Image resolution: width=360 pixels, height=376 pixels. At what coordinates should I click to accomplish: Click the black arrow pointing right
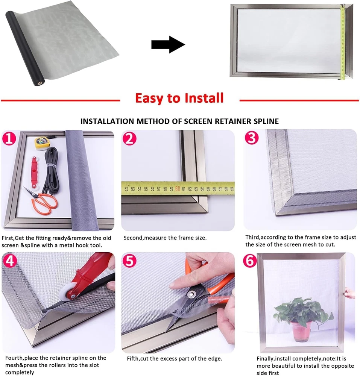click(168, 45)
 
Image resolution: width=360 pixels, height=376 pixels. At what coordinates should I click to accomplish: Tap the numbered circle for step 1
click(9, 139)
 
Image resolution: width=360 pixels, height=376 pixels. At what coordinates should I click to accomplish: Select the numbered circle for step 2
click(129, 139)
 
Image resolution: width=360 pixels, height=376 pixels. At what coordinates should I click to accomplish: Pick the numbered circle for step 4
click(10, 261)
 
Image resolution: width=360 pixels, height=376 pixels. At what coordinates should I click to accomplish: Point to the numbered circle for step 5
click(129, 261)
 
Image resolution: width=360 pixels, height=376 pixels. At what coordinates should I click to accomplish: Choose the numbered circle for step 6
click(250, 261)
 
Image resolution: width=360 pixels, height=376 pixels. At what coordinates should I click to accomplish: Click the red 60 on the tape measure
click(178, 189)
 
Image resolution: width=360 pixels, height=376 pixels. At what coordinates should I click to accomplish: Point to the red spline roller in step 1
click(35, 173)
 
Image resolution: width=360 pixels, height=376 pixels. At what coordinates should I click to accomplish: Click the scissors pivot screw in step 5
click(191, 294)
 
